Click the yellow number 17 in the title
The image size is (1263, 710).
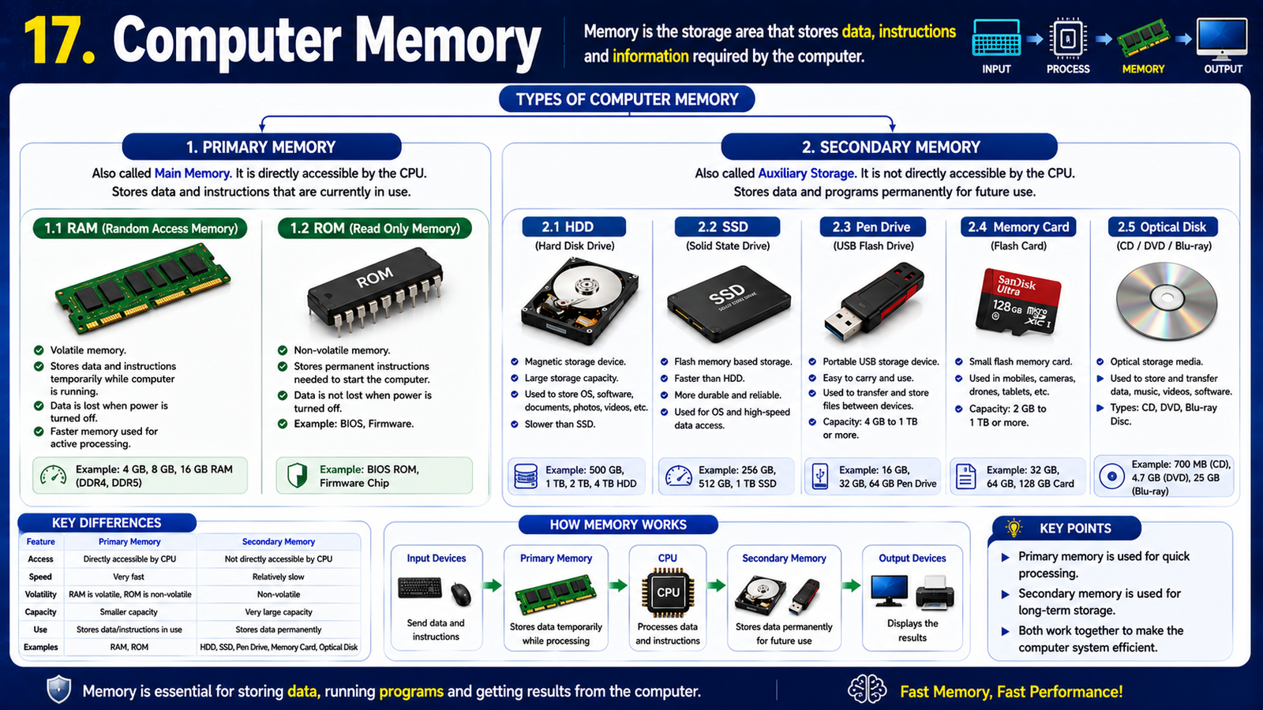pos(59,40)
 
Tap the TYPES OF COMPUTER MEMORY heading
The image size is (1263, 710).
pos(627,99)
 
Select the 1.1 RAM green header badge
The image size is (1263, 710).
pos(141,228)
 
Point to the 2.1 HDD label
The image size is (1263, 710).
pos(574,227)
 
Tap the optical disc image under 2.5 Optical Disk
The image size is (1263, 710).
pos(1167,300)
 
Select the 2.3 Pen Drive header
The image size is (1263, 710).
pos(872,227)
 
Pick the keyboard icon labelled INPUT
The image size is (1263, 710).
pos(996,38)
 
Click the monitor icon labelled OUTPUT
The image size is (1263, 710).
pos(1223,39)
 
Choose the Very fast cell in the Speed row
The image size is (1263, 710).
pos(129,577)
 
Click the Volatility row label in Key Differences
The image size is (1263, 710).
pos(40,595)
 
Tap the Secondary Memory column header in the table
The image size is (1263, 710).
pos(279,541)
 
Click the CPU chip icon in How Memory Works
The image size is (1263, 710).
pos(668,592)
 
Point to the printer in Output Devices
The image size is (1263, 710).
pos(935,592)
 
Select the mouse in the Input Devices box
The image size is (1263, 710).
pos(461,594)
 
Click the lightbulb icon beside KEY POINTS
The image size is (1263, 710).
pos(1014,528)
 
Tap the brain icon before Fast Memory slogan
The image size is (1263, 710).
pos(867,689)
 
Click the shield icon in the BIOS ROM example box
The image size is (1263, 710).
pos(297,476)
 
